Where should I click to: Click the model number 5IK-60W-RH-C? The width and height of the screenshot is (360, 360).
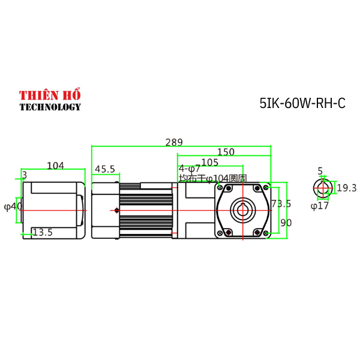coord(302,103)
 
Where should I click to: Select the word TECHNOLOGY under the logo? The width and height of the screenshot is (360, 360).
coord(50,107)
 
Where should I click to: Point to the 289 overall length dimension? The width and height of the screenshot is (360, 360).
coord(174,142)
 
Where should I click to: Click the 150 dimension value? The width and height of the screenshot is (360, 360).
coord(226,152)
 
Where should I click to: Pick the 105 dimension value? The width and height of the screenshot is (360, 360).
coord(210,162)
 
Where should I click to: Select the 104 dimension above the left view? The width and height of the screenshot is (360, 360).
coord(55,166)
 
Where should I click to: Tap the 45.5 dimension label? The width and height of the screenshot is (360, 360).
coord(105,170)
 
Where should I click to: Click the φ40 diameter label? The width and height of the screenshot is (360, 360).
coord(13,206)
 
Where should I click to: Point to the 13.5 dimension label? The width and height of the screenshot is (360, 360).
coord(43,232)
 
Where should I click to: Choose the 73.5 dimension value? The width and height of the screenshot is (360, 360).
coord(281,204)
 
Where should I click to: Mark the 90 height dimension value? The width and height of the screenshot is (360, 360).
coord(286,223)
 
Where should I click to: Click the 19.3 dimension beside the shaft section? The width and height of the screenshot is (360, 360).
coord(346,188)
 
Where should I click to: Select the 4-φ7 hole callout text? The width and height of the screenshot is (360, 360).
coord(190,169)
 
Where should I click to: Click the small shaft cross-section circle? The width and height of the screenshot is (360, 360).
coord(322,188)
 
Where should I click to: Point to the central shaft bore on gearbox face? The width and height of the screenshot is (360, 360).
coord(243,210)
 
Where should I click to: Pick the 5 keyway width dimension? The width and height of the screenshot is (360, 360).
coord(320,171)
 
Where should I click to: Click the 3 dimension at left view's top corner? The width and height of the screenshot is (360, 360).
coord(24,175)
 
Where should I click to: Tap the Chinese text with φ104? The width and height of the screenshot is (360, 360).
coord(213,178)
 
